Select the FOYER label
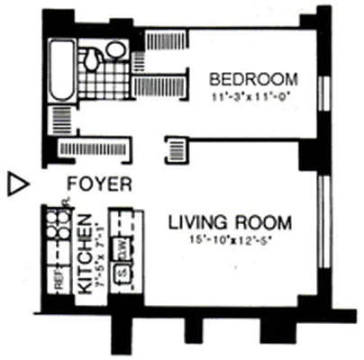pos(100,184)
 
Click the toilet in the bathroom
pos(91,58)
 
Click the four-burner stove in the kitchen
pos(59,228)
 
